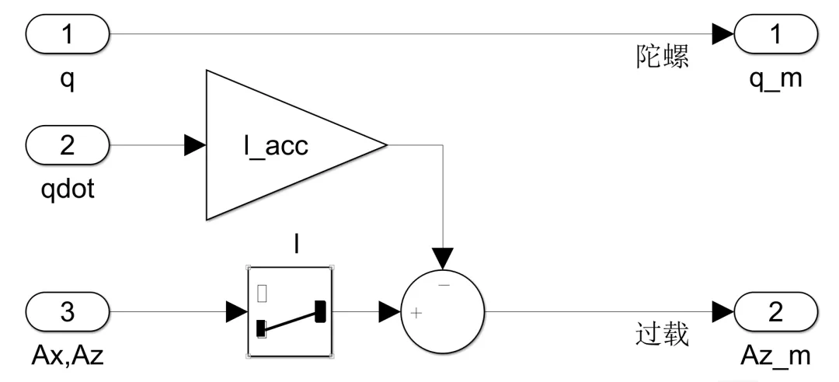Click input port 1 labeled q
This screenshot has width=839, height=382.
[68, 33]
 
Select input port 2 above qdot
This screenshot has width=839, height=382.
[68, 145]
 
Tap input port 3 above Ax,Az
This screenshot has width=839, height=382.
[68, 312]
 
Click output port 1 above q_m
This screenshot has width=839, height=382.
[775, 33]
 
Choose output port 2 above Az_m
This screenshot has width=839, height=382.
[775, 312]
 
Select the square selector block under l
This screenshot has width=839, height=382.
[290, 312]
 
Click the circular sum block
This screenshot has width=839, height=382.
[443, 312]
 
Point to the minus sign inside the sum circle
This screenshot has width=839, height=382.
[444, 285]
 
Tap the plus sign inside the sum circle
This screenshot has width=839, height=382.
[416, 313]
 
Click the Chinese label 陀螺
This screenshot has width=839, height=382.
[663, 57]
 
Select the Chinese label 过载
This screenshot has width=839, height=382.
[663, 335]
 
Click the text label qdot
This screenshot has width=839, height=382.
[68, 189]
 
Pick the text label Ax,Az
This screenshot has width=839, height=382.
[68, 356]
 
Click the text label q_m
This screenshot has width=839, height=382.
[776, 78]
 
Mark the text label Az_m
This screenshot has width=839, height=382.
[776, 356]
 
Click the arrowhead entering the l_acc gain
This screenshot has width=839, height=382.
[195, 145]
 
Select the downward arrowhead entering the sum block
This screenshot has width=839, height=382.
[443, 259]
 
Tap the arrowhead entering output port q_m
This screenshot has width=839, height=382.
[723, 33]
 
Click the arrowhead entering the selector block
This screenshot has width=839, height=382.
[237, 312]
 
